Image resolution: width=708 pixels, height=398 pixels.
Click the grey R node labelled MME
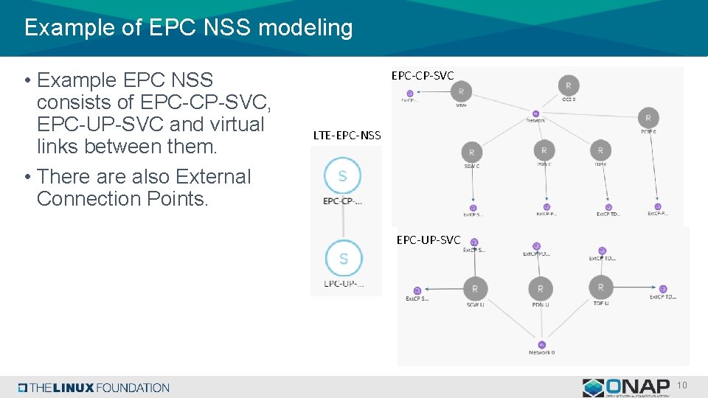coord(461,91)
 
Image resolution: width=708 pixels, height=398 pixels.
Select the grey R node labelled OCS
coord(568,85)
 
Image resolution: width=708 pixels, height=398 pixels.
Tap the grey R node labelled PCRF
coord(648,118)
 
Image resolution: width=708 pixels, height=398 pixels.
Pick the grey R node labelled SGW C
coord(471,153)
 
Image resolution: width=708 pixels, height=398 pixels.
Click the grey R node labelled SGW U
coord(475,288)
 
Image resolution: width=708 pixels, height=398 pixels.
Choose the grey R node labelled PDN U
coord(540,288)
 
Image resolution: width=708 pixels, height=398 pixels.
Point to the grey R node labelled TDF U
coord(600,287)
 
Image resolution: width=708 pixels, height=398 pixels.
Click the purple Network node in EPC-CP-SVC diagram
coord(536,113)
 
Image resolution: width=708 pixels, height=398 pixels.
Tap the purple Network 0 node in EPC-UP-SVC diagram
coord(541,344)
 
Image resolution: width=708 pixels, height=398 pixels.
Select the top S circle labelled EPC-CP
coord(342,175)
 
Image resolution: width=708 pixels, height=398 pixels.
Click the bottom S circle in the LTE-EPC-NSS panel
coord(343,259)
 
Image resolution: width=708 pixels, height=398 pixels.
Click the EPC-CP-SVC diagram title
coord(422,75)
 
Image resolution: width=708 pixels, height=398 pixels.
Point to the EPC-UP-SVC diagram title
coord(428,240)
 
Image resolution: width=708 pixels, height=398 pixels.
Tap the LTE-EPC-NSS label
coord(347,135)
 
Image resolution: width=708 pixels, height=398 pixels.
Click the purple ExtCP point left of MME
coord(409,94)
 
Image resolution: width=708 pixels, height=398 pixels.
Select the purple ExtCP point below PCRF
coord(657,207)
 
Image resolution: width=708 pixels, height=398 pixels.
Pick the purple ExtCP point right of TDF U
coord(662,289)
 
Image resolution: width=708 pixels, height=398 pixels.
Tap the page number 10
coord(681,385)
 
